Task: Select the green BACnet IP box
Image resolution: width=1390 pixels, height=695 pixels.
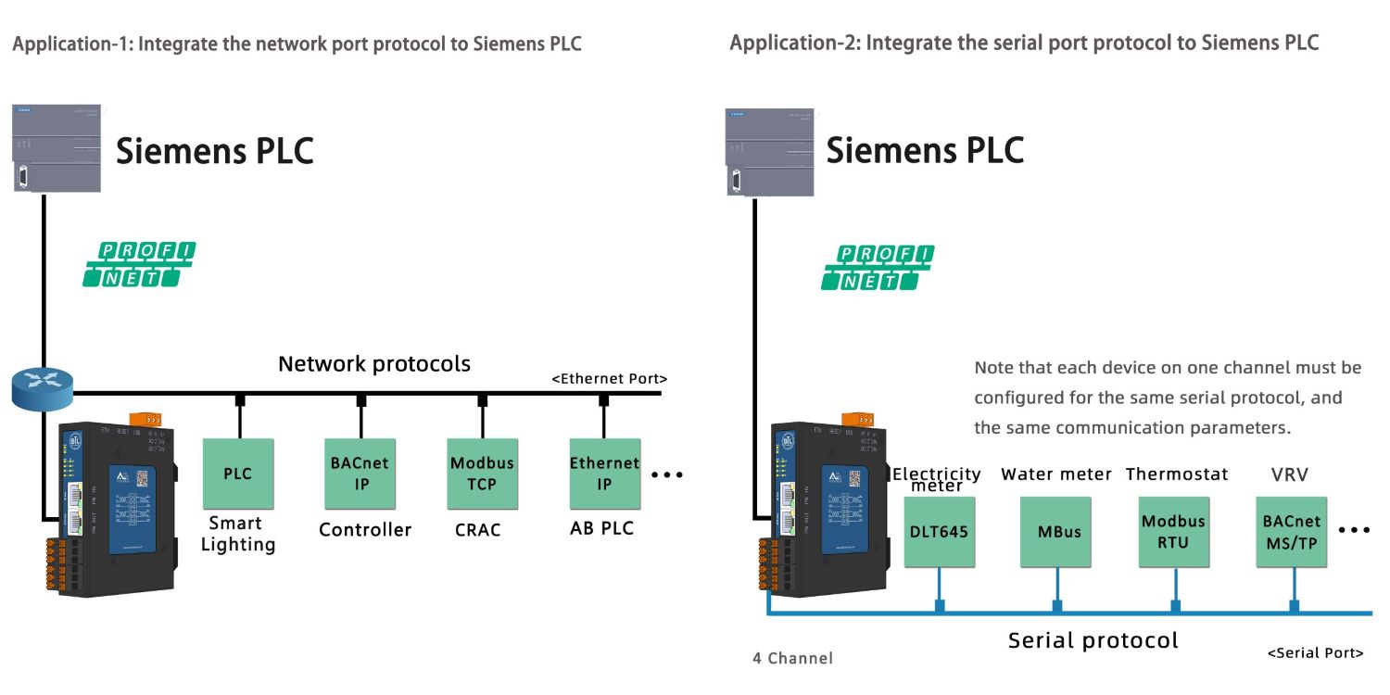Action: pos(360,474)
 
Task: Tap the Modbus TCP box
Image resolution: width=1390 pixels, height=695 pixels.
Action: pos(482,474)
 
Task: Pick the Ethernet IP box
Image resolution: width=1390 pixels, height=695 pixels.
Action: pos(604,474)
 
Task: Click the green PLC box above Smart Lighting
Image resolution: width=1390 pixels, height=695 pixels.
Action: pos(238,474)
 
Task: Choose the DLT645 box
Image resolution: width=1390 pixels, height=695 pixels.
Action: pos(939,532)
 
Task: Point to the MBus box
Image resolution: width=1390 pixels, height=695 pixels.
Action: pos(1056,532)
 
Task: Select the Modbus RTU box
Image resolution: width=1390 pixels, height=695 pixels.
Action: pos(1174,532)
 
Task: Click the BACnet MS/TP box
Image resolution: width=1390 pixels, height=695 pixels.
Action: pos(1292,532)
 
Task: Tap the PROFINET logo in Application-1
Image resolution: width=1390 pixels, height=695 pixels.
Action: pos(139,264)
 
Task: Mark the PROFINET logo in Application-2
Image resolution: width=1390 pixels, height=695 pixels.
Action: pos(878,267)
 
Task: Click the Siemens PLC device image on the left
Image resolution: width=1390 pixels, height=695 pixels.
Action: pos(57,147)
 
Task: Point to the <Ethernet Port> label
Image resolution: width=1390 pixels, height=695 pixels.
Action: pos(610,378)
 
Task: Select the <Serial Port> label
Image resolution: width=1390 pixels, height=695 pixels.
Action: pos(1315,652)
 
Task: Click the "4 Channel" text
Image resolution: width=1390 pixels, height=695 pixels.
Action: pos(792,658)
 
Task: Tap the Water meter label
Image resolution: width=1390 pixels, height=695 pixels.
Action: pos(1055,474)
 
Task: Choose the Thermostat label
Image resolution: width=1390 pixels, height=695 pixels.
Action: pos(1177,474)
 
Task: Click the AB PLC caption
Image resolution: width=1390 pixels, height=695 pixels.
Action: pos(601,529)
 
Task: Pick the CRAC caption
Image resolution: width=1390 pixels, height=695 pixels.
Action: pos(477,530)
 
